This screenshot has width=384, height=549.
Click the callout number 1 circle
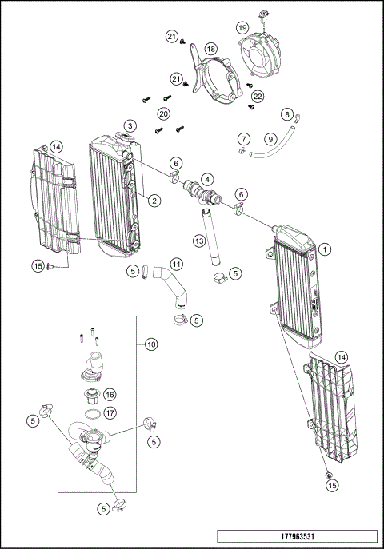[x=325, y=249]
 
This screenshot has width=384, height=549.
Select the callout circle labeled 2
[x=152, y=201]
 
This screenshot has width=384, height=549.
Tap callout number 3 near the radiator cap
[x=130, y=125]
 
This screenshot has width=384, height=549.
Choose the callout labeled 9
[x=270, y=139]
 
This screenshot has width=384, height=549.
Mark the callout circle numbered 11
[x=175, y=263]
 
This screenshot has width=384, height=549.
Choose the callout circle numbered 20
[x=163, y=113]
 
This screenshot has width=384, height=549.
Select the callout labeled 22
[x=257, y=96]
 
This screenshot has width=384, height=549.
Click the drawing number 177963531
[x=295, y=535]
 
